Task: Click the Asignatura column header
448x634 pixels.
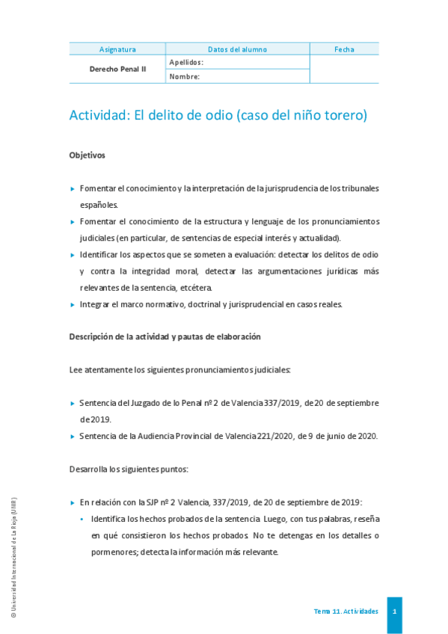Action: [117, 49]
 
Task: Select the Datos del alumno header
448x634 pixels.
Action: [237, 49]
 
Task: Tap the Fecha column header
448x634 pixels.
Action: [344, 49]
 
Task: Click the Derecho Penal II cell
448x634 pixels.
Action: [117, 69]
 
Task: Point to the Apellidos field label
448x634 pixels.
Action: [186, 62]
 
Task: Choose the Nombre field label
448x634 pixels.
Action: [184, 76]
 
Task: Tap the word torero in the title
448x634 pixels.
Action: [341, 115]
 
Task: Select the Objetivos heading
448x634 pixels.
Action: [87, 156]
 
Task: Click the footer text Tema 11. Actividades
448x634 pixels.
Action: [346, 612]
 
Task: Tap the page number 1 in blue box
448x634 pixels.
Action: [394, 612]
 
